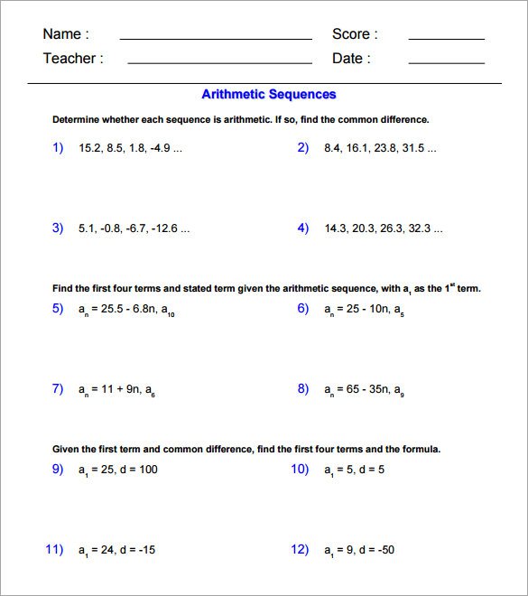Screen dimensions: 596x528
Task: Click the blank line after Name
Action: point(216,39)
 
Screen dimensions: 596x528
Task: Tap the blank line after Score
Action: point(446,39)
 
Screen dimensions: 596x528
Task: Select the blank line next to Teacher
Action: point(219,63)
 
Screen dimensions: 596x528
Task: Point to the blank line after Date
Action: point(446,63)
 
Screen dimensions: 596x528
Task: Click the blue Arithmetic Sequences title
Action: point(268,94)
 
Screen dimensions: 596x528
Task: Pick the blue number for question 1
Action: point(58,147)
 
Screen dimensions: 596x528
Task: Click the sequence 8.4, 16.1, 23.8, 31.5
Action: point(380,148)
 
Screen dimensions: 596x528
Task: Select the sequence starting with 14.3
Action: point(384,228)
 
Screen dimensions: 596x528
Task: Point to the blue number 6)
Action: point(303,308)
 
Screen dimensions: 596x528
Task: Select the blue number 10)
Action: point(300,469)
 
